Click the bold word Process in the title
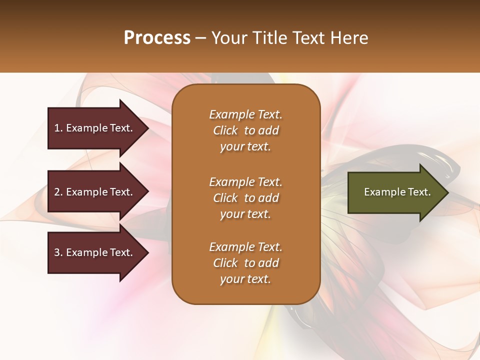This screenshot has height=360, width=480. [157, 38]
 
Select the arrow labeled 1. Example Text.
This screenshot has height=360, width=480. [95, 128]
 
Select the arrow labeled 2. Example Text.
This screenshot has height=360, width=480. [95, 192]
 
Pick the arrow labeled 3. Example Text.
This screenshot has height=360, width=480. [95, 252]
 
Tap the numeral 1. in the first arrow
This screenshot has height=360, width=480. [58, 128]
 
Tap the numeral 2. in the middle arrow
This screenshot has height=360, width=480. [58, 192]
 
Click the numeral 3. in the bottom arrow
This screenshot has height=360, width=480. [58, 252]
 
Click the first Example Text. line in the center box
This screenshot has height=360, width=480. [245, 114]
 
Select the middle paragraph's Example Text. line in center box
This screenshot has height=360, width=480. [245, 181]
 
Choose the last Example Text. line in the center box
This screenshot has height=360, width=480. [245, 247]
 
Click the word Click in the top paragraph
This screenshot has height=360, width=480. [225, 130]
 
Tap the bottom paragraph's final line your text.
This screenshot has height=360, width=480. [245, 279]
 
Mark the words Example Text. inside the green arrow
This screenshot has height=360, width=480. [397, 192]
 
